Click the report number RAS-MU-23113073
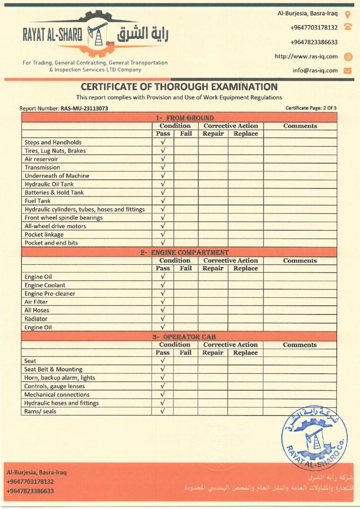pos(85,108)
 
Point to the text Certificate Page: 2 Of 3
pos(311,108)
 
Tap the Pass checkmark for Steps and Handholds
pos(163,142)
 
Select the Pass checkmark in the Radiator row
pos(163,319)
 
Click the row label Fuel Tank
pos(37,201)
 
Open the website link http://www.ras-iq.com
pos(306,56)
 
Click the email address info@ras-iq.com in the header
pos(315,71)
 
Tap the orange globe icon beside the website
pos(348,56)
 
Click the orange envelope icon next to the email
pos(348,71)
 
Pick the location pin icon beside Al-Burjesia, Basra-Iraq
pos(348,14)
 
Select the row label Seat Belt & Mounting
pos(53,369)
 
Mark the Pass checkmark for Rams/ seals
pos(163,411)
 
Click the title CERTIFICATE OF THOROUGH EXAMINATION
pos(179,87)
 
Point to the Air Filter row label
pos(36,302)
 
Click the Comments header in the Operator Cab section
pos(300,344)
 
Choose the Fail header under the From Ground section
pos(186,134)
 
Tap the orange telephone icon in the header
pos(348,27)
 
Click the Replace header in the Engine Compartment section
pos(246,268)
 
